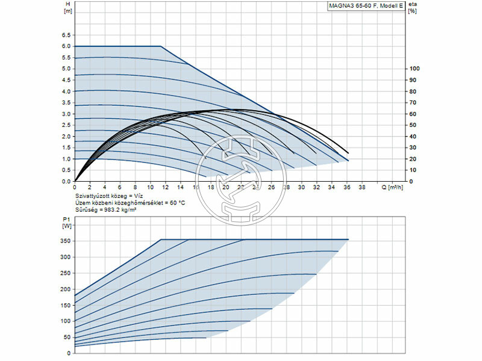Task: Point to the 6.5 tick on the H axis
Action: tap(66, 35)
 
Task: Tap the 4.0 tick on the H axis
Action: tap(66, 91)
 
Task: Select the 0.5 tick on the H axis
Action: tap(66, 170)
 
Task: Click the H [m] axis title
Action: tap(67, 7)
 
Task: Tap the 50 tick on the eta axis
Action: tap(413, 125)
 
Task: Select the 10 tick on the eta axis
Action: tap(413, 170)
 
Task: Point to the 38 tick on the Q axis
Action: tap(361, 188)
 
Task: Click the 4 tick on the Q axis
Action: tap(105, 188)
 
